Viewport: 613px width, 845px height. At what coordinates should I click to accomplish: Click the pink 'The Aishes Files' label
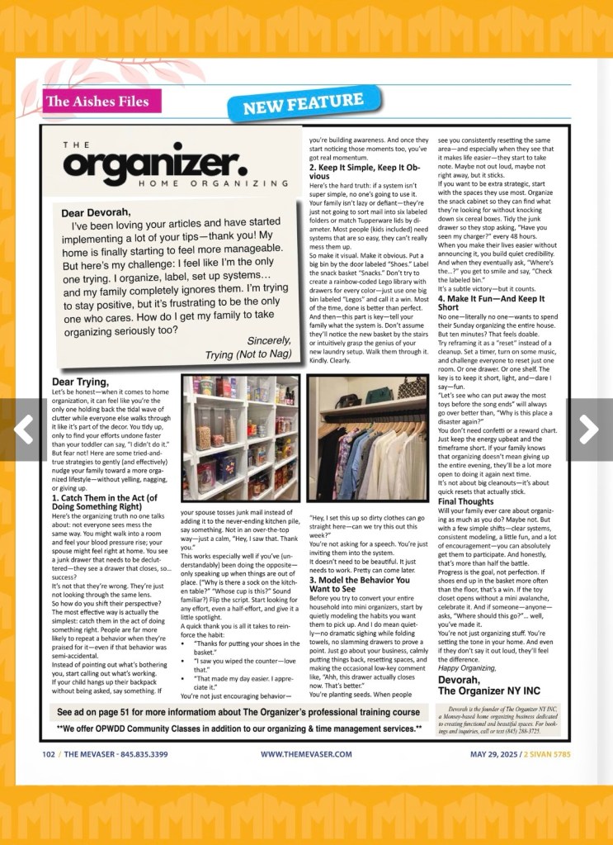(97, 102)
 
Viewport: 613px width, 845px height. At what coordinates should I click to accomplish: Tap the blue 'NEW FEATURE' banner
(303, 105)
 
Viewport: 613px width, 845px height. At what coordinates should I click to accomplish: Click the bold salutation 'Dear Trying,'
(80, 382)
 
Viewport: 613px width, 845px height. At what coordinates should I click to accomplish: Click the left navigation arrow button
(23, 429)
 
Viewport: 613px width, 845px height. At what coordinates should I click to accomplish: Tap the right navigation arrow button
(589, 429)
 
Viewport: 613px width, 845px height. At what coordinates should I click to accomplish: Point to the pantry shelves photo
(240, 437)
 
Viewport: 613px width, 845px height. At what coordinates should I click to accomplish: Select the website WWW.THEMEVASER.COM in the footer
(306, 754)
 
